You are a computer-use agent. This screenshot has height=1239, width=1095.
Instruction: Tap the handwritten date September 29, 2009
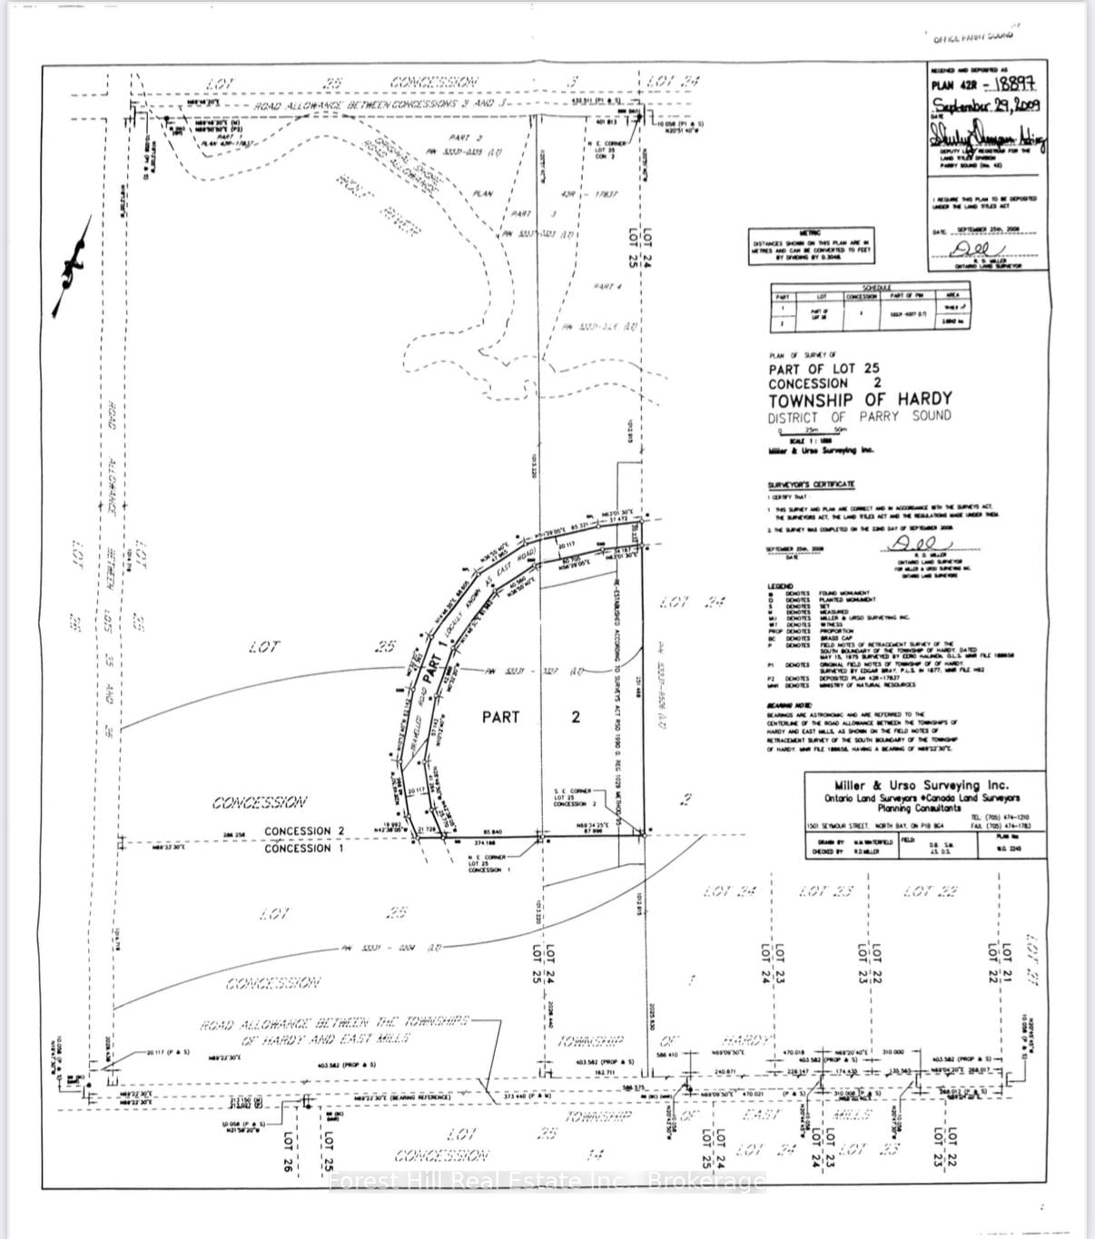pyautogui.click(x=985, y=104)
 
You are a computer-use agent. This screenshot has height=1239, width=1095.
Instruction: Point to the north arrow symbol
pyautogui.click(x=72, y=266)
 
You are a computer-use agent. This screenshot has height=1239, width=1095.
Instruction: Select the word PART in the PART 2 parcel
pyautogui.click(x=500, y=717)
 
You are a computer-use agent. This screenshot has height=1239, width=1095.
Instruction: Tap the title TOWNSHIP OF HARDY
pyautogui.click(x=860, y=399)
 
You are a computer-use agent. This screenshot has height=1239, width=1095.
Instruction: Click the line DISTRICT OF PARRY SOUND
pyautogui.click(x=859, y=417)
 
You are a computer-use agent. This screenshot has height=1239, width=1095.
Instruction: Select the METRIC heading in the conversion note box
pyautogui.click(x=809, y=232)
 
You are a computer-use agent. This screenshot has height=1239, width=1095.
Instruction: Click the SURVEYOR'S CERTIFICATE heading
pyautogui.click(x=811, y=485)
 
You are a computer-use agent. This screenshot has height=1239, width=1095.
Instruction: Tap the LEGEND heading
pyautogui.click(x=780, y=586)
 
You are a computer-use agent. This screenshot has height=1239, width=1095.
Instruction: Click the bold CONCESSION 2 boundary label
pyautogui.click(x=304, y=831)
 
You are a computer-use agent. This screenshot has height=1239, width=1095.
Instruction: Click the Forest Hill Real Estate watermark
pyautogui.click(x=547, y=1181)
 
